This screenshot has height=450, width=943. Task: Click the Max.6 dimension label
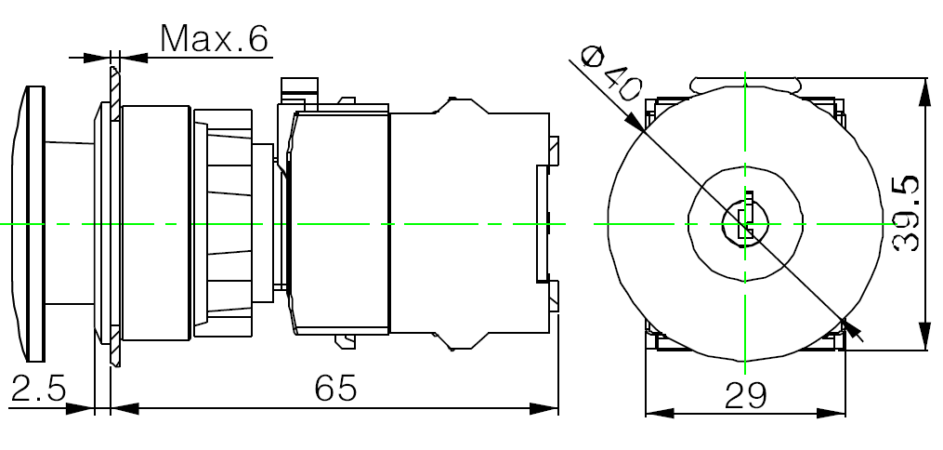pyautogui.click(x=214, y=40)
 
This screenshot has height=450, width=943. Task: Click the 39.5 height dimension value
pyautogui.click(x=907, y=213)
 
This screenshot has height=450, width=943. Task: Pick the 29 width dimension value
pyautogui.click(x=746, y=395)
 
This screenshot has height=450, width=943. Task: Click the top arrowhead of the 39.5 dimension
pyautogui.click(x=925, y=91)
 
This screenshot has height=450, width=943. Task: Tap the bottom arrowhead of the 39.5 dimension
pyautogui.click(x=925, y=337)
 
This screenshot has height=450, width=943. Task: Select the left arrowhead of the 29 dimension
pyautogui.click(x=659, y=414)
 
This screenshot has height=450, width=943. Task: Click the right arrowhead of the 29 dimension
pyautogui.click(x=832, y=414)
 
